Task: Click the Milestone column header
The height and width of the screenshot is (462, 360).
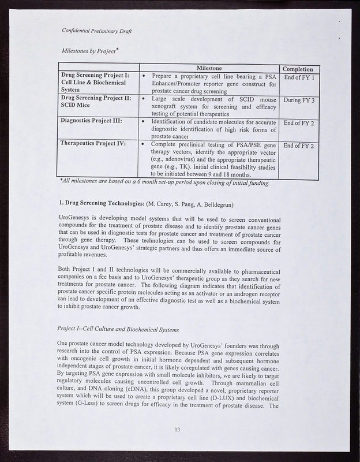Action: tap(210, 69)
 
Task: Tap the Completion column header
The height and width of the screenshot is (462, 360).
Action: tap(299, 69)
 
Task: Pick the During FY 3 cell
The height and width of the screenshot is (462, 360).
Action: tap(299, 100)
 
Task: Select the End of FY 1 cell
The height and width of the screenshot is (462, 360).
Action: tap(299, 77)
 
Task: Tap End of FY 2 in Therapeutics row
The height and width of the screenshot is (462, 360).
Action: tap(299, 146)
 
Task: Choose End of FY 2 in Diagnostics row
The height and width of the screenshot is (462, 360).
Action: tap(299, 123)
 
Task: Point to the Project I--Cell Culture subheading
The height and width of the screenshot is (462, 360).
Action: tap(126, 329)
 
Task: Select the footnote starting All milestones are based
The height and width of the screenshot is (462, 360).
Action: tap(164, 183)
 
